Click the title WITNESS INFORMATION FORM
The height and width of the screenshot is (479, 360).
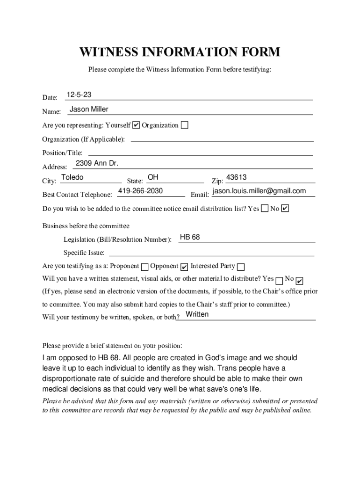click(180, 52)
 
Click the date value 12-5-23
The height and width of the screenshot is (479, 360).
click(79, 95)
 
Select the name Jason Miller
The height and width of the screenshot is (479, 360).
click(89, 109)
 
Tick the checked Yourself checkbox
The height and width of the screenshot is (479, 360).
click(136, 125)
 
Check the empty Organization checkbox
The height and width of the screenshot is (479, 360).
click(185, 125)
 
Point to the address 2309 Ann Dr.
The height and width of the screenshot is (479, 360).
click(97, 163)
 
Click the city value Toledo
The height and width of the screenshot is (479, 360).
click(72, 177)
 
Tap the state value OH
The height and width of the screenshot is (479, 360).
click(153, 177)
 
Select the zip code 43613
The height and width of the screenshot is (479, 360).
click(236, 177)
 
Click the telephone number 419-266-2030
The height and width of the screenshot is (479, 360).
click(140, 191)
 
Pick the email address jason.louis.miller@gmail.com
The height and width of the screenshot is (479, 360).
click(259, 191)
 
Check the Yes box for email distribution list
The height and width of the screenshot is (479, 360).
click(265, 208)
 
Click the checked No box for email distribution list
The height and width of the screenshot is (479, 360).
click(285, 208)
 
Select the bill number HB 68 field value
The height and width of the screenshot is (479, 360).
click(190, 237)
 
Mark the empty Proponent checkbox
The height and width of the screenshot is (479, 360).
click(145, 267)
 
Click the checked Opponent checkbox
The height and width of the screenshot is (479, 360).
click(184, 267)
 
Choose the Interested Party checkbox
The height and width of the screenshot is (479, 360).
click(241, 267)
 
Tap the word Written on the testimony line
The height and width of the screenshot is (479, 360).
click(197, 314)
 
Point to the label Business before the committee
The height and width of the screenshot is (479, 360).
click(86, 226)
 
